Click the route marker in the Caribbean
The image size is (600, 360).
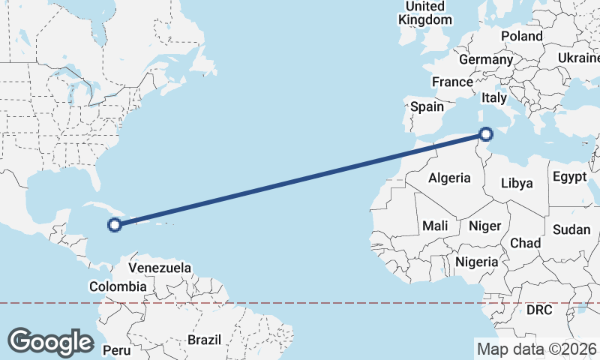[115, 223]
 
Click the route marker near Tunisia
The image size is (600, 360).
[486, 135]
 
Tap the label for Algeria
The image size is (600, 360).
[449, 178]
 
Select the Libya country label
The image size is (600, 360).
[517, 183]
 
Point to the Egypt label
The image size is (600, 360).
[569, 177]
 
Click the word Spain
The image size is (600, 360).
[427, 106]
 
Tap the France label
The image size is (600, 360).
[452, 82]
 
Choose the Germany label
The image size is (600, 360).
[485, 59]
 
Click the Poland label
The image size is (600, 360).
[522, 36]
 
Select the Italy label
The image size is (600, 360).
[494, 97]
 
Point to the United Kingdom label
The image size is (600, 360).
[425, 13]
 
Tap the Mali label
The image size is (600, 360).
[435, 225]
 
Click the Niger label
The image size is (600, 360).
[484, 225]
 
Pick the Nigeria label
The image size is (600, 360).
[477, 262]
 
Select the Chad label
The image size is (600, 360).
[525, 243]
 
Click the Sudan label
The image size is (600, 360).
[571, 229]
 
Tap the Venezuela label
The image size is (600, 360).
[160, 268]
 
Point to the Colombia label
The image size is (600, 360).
[118, 286]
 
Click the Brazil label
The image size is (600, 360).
[205, 340]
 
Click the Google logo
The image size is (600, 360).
[50, 341]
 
